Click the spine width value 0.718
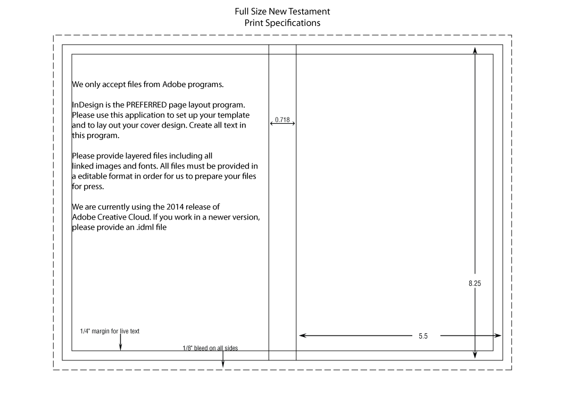282,120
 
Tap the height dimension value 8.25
475,283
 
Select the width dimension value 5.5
423,336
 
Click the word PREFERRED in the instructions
146,105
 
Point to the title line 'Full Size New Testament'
282,12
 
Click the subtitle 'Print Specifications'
282,23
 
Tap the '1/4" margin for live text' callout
110,331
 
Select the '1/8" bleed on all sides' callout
210,348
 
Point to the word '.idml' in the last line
145,227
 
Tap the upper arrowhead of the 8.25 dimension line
475,50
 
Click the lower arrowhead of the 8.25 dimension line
475,355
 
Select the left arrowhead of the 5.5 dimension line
303,335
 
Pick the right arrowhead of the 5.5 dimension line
497,335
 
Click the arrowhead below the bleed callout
223,364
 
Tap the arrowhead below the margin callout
120,347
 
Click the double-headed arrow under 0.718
282,123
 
